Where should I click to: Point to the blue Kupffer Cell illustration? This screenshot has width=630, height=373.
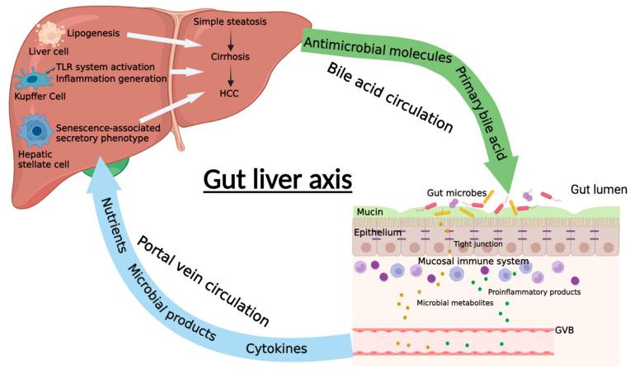click(33, 80)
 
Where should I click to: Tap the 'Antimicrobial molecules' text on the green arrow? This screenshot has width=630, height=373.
click(377, 51)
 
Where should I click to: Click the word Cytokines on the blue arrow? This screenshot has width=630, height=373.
click(278, 348)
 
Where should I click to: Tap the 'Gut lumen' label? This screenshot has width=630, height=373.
click(599, 190)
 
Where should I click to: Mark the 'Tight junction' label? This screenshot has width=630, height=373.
click(477, 245)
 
